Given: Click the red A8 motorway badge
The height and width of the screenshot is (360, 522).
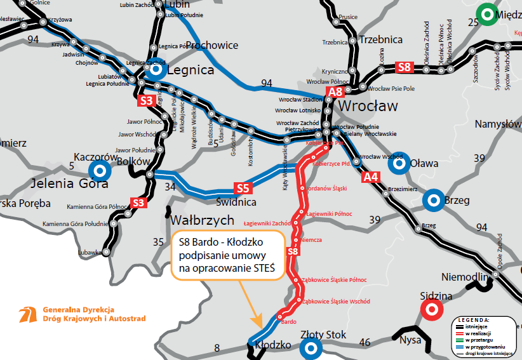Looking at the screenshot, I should click(335, 92).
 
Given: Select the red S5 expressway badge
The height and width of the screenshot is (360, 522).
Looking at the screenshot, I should click(243, 188).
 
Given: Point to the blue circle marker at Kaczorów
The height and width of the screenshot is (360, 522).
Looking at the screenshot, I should click(98, 170).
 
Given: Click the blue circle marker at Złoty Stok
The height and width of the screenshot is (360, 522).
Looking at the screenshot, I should click(310, 347).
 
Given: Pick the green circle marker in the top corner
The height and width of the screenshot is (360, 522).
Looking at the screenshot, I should click(487, 13).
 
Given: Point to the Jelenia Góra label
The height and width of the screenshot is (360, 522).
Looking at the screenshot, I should click(70, 184).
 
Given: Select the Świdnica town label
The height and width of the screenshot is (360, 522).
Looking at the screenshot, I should click(236, 202).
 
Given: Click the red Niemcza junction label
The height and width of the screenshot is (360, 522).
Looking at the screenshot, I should click(312, 239).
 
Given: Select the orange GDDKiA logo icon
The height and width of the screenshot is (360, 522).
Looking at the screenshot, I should click(27, 314).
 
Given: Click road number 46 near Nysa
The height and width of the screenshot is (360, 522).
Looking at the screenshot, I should click(365, 342).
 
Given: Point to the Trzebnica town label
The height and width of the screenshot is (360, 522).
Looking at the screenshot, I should click(380, 39).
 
